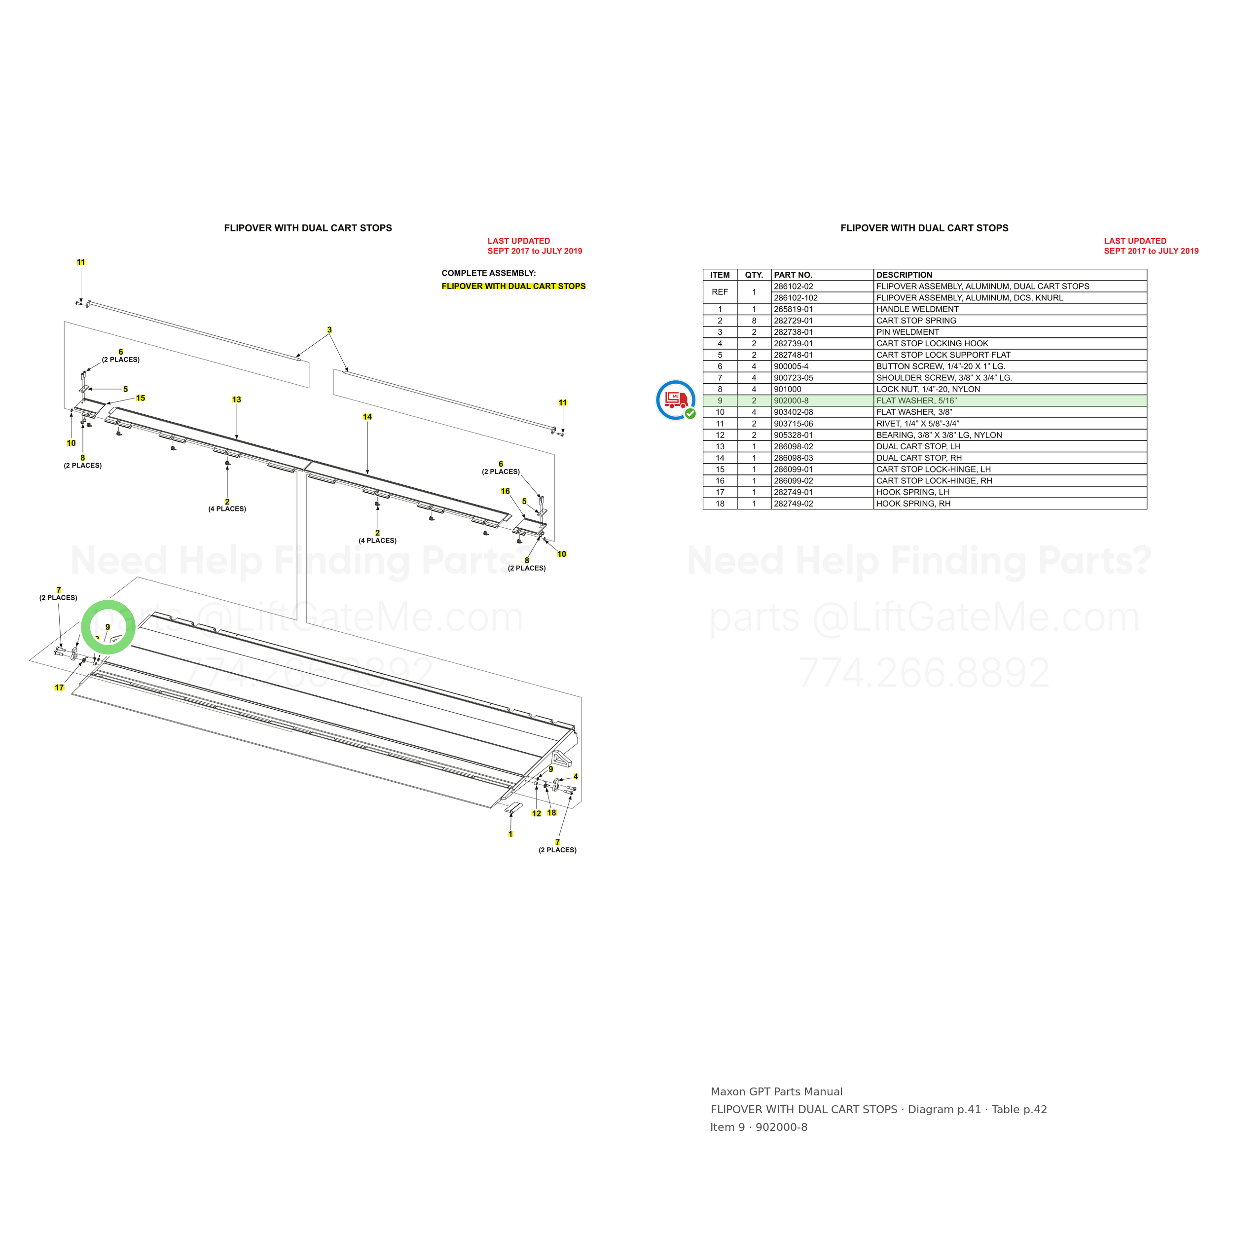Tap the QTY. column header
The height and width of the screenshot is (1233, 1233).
pyautogui.click(x=754, y=275)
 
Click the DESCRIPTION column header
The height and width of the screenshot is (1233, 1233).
pyautogui.click(x=904, y=275)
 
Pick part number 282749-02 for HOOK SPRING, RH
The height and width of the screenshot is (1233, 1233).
pyautogui.click(x=793, y=504)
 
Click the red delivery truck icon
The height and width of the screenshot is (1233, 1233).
pyautogui.click(x=675, y=399)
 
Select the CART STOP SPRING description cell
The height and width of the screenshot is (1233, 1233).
pyautogui.click(x=916, y=321)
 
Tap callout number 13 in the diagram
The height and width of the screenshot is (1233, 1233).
pyautogui.click(x=237, y=399)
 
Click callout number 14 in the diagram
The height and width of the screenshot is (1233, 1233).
pyautogui.click(x=367, y=417)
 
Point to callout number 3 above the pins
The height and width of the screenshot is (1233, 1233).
pyautogui.click(x=329, y=330)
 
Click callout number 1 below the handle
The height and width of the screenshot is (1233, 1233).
pyautogui.click(x=510, y=834)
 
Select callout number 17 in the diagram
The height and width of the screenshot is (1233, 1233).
pyautogui.click(x=59, y=688)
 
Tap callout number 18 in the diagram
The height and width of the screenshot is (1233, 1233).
pyautogui.click(x=551, y=812)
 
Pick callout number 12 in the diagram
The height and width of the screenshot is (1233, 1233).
pyautogui.click(x=537, y=813)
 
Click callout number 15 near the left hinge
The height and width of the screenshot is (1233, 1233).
pyautogui.click(x=141, y=398)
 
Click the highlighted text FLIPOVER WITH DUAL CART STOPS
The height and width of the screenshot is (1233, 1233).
pyautogui.click(x=514, y=286)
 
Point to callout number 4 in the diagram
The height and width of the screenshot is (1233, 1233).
pyautogui.click(x=576, y=777)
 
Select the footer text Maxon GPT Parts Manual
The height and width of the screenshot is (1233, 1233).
pyautogui.click(x=777, y=1092)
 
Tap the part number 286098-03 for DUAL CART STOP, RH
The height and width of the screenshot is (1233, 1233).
pyautogui.click(x=793, y=458)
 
